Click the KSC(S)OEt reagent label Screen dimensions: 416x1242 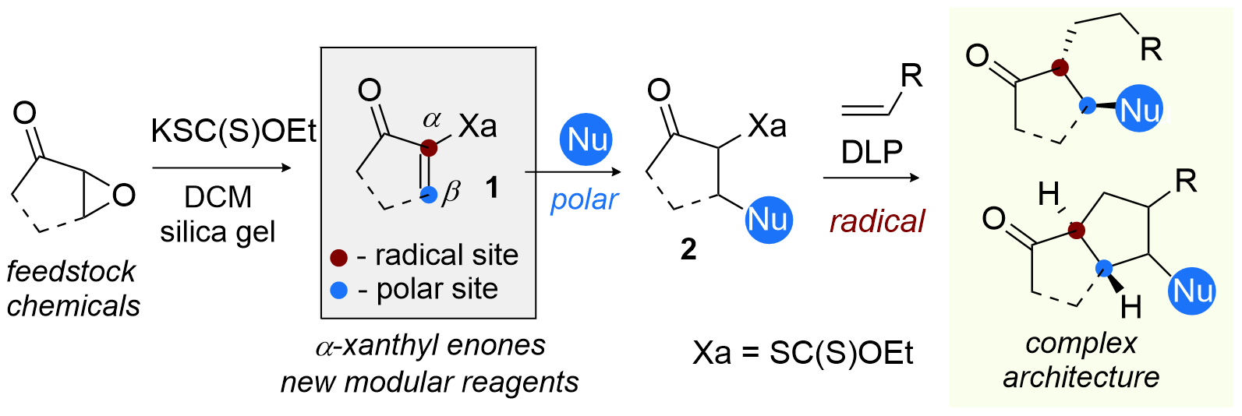(x=233, y=131)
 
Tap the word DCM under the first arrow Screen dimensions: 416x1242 (x=218, y=197)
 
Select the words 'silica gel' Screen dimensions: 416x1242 (x=218, y=231)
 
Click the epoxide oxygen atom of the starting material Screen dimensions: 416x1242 (x=124, y=195)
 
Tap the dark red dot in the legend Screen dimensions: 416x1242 (x=338, y=256)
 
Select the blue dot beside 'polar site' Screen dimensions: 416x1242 (x=338, y=291)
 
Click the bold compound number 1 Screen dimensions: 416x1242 (x=492, y=188)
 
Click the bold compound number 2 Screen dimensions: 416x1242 (x=688, y=249)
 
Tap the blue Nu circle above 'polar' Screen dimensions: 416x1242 (x=586, y=140)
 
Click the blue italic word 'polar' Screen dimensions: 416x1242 (x=584, y=200)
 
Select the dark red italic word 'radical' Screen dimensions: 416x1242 (x=877, y=221)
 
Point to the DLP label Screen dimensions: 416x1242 (x=872, y=153)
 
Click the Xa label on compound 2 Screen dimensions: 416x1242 (x=767, y=125)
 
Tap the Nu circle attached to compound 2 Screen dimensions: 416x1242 (x=768, y=220)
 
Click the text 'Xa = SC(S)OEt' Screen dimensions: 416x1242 (x=803, y=353)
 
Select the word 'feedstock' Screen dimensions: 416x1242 (x=71, y=271)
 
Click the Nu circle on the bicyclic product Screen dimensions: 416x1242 (x=1192, y=291)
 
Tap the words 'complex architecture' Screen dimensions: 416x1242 (x=1081, y=360)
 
